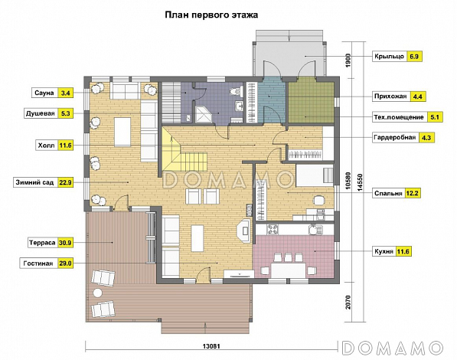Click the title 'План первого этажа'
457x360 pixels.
click(x=212, y=14)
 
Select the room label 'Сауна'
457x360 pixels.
click(x=43, y=93)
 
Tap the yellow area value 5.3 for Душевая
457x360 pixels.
click(x=65, y=113)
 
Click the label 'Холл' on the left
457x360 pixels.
click(x=45, y=144)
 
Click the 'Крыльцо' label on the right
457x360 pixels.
click(x=388, y=57)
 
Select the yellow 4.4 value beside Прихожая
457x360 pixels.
click(x=418, y=97)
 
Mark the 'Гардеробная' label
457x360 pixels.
click(x=394, y=138)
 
